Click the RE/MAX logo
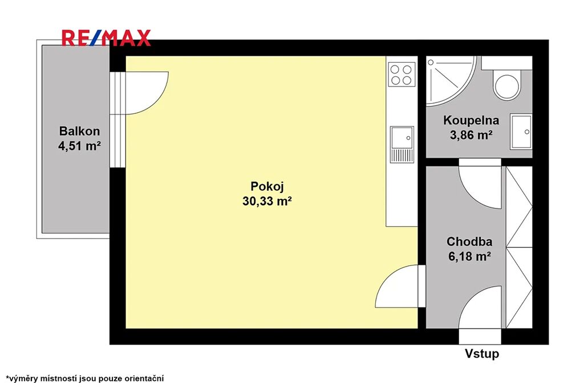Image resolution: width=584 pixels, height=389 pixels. [106, 38]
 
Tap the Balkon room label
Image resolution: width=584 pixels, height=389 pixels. [79, 131]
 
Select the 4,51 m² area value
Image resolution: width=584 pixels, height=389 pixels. [79, 146]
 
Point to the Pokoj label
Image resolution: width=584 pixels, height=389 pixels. [267, 186]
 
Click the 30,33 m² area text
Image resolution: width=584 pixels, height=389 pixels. [267, 201]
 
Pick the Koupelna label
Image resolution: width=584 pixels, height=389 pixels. [471, 121]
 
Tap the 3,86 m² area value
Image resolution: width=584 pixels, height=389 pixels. [471, 135]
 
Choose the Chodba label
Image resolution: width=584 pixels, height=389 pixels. [469, 241]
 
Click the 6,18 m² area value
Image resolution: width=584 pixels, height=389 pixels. [469, 256]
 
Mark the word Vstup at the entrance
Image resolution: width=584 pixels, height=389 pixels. [481, 353]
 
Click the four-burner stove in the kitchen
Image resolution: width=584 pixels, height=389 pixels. [401, 75]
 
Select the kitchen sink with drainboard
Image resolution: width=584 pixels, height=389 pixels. [402, 145]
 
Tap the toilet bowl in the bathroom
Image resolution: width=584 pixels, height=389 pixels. [506, 86]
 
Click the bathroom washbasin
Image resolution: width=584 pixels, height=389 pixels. [521, 132]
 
